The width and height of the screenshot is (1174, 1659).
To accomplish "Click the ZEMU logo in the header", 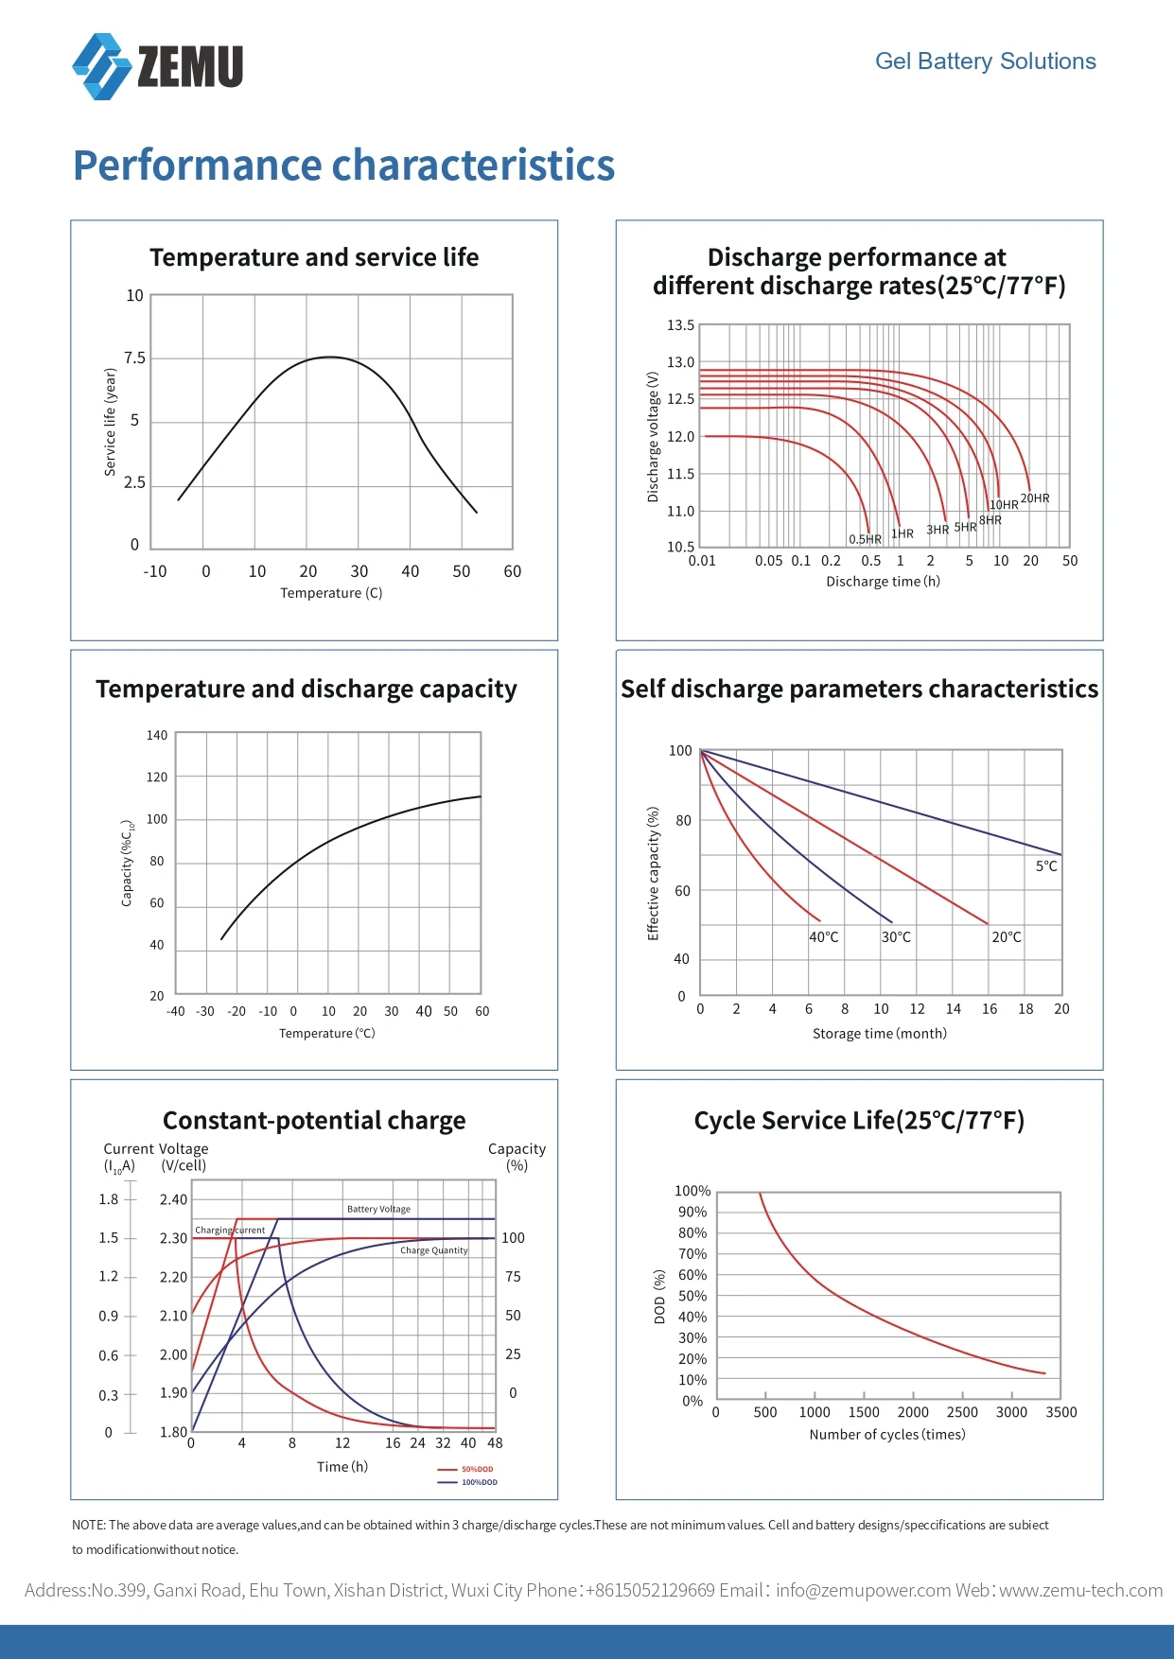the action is click(x=158, y=66).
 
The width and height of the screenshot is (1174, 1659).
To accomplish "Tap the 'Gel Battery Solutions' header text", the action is click(x=985, y=61).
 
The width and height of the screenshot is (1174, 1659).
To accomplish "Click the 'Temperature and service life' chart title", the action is click(x=314, y=257).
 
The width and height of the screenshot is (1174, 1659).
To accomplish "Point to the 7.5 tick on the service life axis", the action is click(x=135, y=358).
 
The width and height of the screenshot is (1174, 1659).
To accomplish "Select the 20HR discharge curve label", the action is click(x=1035, y=498).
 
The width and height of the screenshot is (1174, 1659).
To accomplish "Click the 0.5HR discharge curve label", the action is click(x=865, y=539).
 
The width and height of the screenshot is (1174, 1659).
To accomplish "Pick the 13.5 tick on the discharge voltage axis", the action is click(x=680, y=325).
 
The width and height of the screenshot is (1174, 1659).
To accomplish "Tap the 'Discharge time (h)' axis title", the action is click(x=884, y=582).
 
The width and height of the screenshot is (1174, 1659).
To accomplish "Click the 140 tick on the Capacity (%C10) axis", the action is click(x=157, y=735).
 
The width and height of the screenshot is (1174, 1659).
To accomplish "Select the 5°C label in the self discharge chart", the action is click(x=1046, y=866).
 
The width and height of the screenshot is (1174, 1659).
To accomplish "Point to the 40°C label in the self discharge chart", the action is click(x=824, y=937).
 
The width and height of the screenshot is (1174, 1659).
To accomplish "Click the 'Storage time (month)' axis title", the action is click(x=880, y=1034).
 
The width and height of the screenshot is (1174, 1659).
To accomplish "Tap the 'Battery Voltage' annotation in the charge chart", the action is click(x=378, y=1209).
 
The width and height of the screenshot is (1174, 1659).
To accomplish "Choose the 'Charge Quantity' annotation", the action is click(x=434, y=1250).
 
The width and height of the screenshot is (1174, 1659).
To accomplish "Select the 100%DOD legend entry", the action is click(x=467, y=1482).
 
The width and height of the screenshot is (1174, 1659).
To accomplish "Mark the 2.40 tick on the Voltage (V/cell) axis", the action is click(x=173, y=1200).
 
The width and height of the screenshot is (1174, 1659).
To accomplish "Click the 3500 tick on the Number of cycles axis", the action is click(x=1061, y=1412).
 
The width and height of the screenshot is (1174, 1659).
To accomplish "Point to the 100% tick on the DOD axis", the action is click(x=692, y=1191).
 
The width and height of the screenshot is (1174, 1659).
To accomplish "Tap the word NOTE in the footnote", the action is click(x=88, y=1525).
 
